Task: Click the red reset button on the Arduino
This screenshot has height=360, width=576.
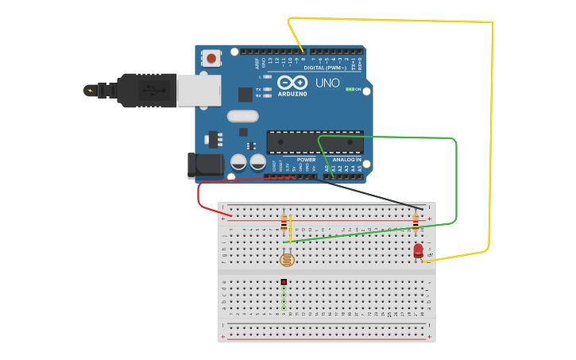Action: [x=211, y=58]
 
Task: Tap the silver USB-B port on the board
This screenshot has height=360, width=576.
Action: [x=199, y=90]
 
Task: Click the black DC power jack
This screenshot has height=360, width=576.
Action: [x=205, y=165]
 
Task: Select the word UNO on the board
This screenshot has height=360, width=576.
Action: [x=327, y=83]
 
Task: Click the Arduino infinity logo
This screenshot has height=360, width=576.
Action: [x=292, y=83]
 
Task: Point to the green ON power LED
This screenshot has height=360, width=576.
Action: [x=349, y=89]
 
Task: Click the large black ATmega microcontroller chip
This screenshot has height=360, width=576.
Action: [x=315, y=141]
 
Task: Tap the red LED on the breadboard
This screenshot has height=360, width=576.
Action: [x=418, y=250]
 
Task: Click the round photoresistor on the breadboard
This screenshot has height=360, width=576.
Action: [x=287, y=259]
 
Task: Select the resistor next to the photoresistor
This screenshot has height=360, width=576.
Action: [x=284, y=223]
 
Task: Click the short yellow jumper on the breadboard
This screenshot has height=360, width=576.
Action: [x=291, y=228]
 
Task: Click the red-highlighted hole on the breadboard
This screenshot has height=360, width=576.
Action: [x=284, y=282]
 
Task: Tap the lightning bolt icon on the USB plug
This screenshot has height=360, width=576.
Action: [x=90, y=90]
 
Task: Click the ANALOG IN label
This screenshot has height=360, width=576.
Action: [x=346, y=160]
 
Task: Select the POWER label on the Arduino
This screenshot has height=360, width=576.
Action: [x=306, y=160]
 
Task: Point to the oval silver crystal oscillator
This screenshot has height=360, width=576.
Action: [x=242, y=116]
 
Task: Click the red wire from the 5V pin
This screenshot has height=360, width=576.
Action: [x=203, y=191]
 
